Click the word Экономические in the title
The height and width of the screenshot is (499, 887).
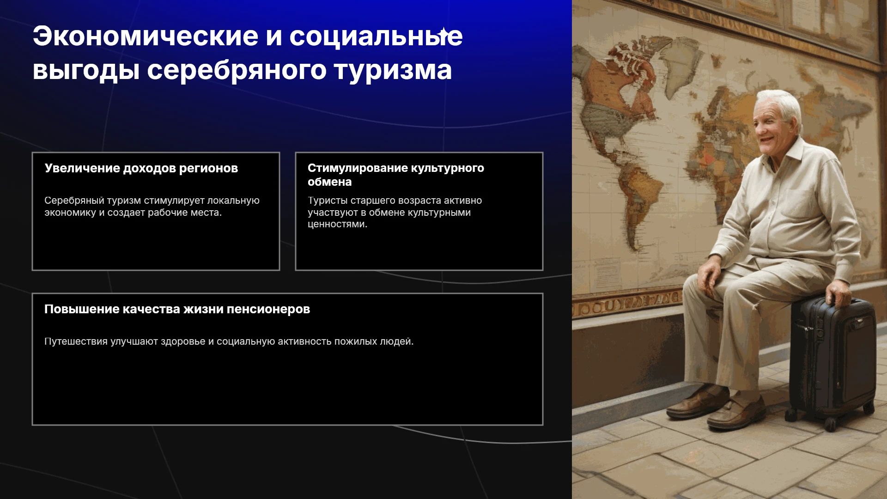[146, 36]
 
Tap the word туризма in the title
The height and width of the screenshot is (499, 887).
[393, 71]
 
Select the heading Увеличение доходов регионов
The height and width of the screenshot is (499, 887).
[141, 168]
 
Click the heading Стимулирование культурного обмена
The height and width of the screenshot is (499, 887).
[396, 175]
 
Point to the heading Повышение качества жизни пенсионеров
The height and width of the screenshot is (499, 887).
[177, 309]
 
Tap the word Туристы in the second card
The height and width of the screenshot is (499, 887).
[328, 201]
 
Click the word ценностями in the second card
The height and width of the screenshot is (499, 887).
[337, 225]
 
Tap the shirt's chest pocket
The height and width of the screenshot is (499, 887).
[806, 203]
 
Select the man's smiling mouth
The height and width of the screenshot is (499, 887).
[766, 139]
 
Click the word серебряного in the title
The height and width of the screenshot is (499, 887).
[236, 71]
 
